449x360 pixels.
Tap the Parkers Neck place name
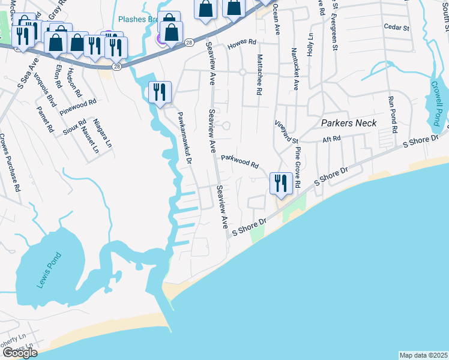tap(349, 123)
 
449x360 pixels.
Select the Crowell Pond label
tap(436, 96)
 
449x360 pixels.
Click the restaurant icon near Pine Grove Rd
tap(280, 182)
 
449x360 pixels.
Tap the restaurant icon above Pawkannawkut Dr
tap(160, 92)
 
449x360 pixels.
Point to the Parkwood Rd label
tap(240, 161)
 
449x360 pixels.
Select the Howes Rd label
tap(241, 46)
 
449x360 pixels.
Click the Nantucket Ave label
tap(295, 69)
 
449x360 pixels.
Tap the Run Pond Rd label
tap(393, 115)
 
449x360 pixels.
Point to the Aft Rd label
tap(331, 139)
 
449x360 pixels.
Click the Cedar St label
tap(396, 28)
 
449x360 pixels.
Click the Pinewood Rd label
tap(78, 107)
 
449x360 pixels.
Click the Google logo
tap(20, 353)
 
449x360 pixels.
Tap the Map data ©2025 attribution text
tap(423, 355)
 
